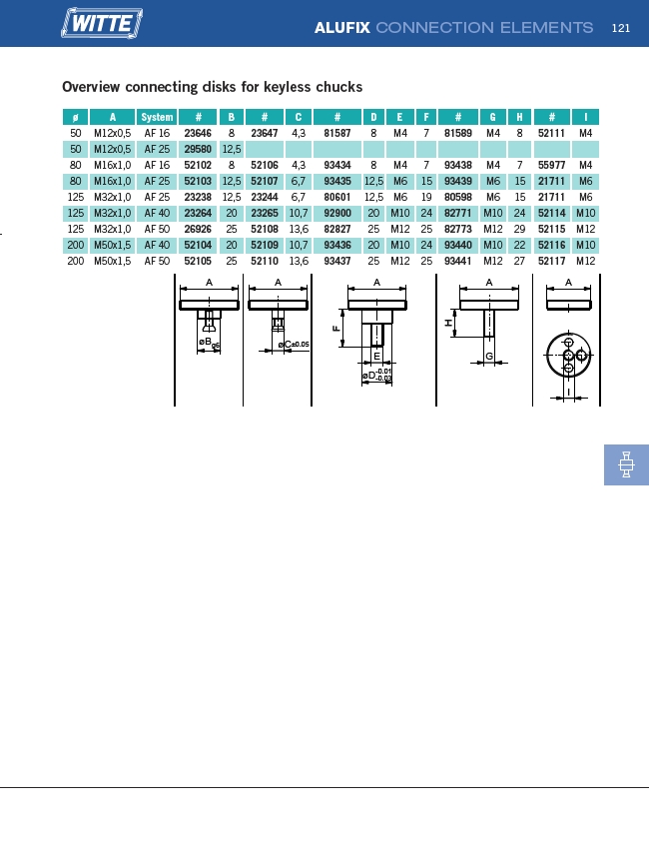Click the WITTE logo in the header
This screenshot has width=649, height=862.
click(102, 23)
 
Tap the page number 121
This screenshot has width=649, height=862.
click(621, 28)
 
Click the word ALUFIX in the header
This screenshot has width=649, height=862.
click(341, 28)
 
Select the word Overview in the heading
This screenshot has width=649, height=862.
click(91, 87)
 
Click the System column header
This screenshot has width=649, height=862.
click(157, 117)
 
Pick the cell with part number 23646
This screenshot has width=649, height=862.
click(198, 133)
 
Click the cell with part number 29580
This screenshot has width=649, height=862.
click(198, 149)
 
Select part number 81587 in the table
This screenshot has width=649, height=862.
click(337, 133)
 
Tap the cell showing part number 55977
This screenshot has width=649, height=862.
click(552, 165)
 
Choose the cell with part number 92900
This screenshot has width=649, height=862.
click(337, 213)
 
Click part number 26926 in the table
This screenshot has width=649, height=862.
click(198, 229)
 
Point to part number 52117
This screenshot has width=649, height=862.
click(552, 261)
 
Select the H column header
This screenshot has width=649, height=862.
click(519, 117)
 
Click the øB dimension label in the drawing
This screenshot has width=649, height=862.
click(210, 343)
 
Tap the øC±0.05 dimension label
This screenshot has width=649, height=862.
click(294, 345)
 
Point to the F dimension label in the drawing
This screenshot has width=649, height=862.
click(336, 329)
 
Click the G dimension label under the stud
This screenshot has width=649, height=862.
click(489, 357)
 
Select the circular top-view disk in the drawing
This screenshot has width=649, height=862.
click(569, 356)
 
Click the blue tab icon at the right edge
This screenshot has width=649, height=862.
click(626, 464)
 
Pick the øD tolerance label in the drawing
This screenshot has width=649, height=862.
click(377, 376)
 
